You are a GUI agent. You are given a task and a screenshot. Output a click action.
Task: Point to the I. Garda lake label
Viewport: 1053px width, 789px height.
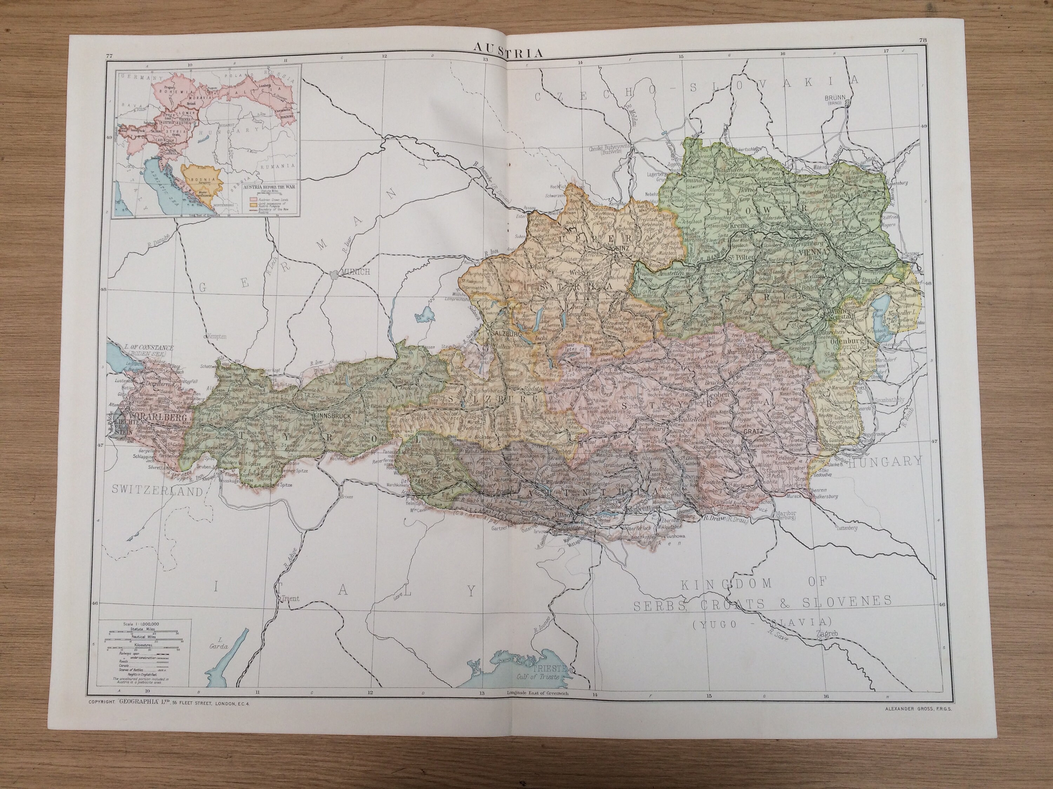point(219,642)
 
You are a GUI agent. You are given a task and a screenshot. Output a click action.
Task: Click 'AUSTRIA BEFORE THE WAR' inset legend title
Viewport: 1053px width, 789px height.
point(269,187)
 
